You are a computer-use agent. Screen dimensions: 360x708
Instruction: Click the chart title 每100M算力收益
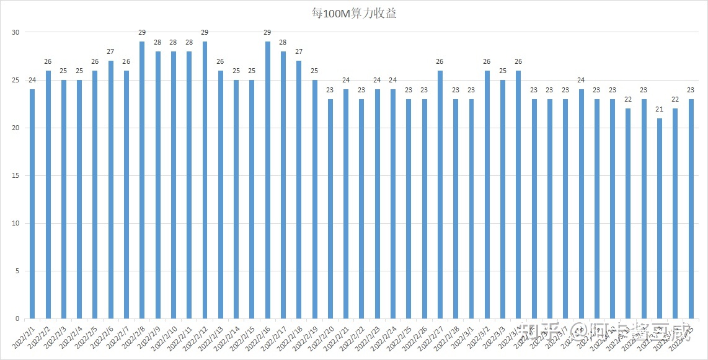point(354,13)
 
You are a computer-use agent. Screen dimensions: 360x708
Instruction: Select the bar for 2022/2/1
point(32,204)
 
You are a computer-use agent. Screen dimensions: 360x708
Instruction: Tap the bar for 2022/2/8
point(142,180)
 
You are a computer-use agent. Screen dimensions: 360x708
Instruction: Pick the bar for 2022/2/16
point(268,180)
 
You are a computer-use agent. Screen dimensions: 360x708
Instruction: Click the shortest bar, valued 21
point(660,218)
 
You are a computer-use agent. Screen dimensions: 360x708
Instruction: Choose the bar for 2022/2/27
point(440,195)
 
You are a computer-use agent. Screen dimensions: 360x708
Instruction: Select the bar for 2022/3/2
point(487,195)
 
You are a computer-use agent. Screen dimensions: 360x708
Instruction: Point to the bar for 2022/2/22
point(361,209)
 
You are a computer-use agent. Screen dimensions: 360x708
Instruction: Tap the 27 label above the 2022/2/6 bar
point(110,52)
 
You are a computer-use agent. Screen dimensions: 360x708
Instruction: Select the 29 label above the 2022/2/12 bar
point(205,33)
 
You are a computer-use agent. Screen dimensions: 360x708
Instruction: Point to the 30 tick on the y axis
point(16,32)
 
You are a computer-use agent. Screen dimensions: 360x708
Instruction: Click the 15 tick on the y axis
point(16,175)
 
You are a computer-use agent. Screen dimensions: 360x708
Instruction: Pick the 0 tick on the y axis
point(18,318)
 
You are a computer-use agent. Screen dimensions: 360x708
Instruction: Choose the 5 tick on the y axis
point(18,271)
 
